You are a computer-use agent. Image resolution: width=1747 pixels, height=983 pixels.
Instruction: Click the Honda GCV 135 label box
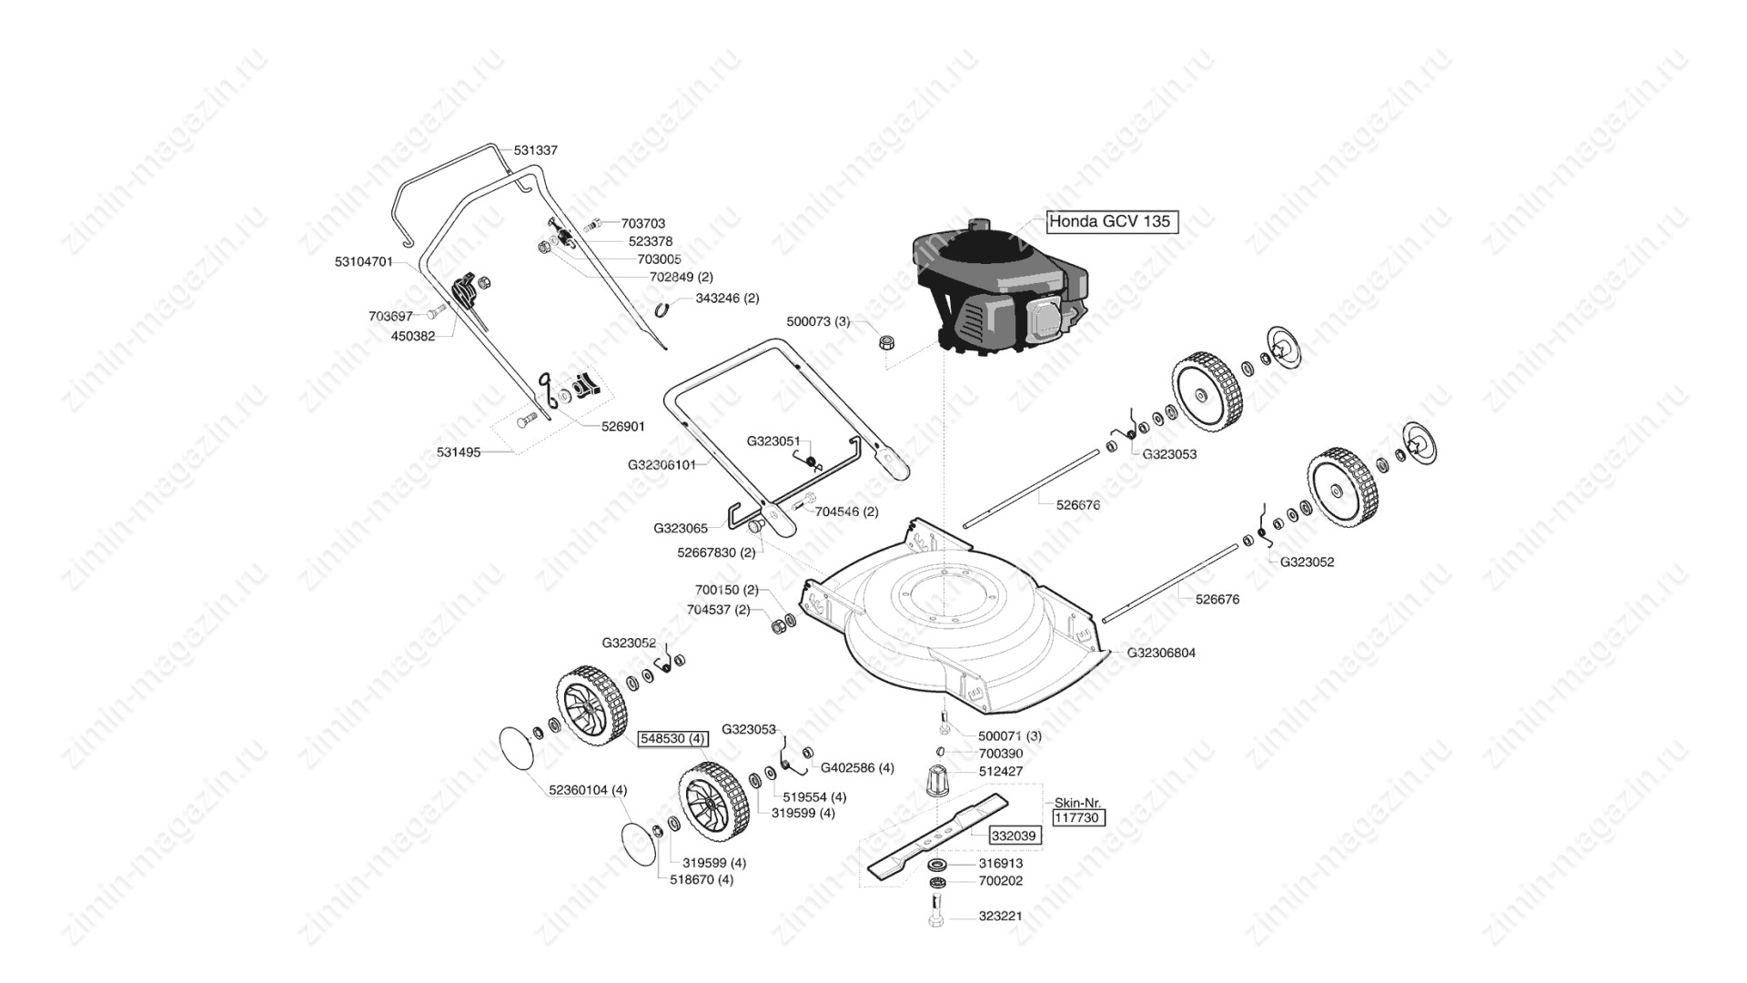pos(1112,221)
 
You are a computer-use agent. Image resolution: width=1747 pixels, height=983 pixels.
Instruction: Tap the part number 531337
pos(536,150)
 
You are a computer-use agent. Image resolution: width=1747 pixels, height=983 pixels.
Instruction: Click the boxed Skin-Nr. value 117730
pos(1078,818)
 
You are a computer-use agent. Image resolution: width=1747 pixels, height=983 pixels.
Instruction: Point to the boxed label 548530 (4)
pos(672,738)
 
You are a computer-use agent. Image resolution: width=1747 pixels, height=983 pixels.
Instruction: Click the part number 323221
pos(1000,916)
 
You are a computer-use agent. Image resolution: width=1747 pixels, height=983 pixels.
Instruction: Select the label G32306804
pos(1161,653)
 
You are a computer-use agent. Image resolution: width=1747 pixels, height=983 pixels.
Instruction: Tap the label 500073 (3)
pos(818,321)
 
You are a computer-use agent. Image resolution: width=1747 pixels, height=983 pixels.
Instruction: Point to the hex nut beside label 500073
pos(886,343)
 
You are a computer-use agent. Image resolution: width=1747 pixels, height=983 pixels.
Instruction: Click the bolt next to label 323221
pos(937,910)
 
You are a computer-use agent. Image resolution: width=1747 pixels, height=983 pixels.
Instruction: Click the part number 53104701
pos(364,261)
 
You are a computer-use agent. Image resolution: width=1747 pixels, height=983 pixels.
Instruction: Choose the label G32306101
pos(661,464)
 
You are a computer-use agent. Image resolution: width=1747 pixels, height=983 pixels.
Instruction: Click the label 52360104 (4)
pos(588,789)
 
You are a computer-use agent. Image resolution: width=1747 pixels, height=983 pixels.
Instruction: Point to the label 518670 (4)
pos(702,879)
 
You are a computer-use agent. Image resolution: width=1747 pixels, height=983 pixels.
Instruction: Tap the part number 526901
pos(623,426)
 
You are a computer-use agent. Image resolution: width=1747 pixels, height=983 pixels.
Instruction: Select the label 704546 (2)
pos(846,512)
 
